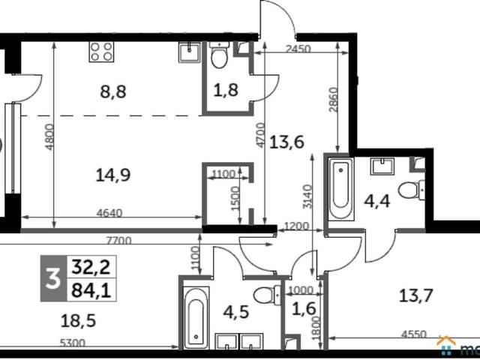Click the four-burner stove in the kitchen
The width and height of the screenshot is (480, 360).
point(101,52)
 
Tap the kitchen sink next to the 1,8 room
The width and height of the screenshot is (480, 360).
point(190,52)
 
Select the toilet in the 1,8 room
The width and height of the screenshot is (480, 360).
point(220,55)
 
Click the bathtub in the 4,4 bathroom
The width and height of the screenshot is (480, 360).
point(341,188)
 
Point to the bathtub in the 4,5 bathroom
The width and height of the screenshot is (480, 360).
point(196,318)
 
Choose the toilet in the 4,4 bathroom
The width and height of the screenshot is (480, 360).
point(412,190)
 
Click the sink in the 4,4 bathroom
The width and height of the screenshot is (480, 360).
point(382,166)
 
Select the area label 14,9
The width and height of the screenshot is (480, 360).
point(113,175)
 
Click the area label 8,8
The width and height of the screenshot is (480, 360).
point(113,91)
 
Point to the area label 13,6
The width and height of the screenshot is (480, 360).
point(286,142)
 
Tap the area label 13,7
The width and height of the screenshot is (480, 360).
point(415,296)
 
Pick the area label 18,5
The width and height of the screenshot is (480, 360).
point(78,321)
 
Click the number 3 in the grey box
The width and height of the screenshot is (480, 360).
point(53,278)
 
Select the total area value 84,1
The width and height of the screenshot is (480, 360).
point(91,290)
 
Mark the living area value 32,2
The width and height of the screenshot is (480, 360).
point(91,267)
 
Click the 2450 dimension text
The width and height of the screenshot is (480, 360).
point(298,49)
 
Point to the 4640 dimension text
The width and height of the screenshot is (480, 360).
point(109,213)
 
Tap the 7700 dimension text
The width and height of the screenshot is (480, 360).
point(118,241)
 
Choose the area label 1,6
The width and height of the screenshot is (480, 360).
point(304,309)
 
